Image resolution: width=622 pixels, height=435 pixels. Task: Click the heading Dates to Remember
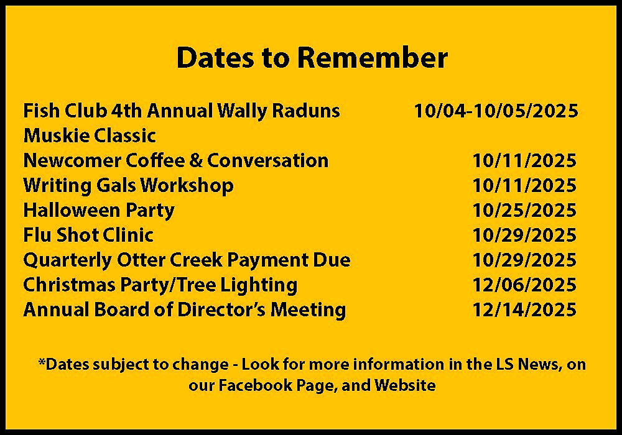point(312,58)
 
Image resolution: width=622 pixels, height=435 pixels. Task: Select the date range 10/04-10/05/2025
point(496,111)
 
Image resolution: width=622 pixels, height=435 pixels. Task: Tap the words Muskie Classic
point(90,135)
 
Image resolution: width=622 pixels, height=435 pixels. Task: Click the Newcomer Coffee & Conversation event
point(176,160)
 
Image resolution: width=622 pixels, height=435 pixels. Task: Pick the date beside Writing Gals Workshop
point(524,185)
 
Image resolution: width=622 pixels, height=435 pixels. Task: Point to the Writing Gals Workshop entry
point(128,186)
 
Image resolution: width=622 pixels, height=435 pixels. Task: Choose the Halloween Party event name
point(99,211)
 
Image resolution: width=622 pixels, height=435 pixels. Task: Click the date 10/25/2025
point(524,211)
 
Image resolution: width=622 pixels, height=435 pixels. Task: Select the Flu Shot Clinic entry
point(88,236)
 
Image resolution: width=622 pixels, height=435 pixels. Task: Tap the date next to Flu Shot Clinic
point(524,236)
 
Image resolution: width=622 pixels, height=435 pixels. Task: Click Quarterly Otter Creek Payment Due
point(187,260)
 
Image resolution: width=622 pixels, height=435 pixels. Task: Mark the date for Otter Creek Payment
point(524,260)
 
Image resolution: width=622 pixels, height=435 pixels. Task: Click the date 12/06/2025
point(524,285)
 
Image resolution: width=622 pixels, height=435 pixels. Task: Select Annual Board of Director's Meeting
point(185,310)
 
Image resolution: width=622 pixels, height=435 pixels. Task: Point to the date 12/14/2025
point(524,310)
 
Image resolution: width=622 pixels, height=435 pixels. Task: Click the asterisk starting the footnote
point(41,362)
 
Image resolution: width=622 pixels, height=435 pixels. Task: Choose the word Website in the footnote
point(405,385)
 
